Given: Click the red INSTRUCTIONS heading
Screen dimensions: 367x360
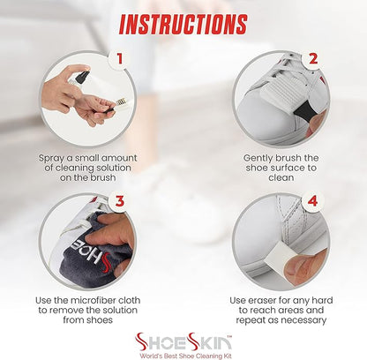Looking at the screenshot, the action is (183, 25).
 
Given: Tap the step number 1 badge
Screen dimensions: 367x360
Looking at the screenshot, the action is (119, 59).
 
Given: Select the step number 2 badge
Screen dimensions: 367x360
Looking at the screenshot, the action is (313, 59).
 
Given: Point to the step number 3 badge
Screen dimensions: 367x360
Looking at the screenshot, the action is (119, 201).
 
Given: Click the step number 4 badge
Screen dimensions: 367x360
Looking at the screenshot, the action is (313, 201).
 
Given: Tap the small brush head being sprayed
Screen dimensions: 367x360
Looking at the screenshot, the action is (121, 103).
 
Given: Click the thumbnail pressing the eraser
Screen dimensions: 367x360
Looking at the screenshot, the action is (297, 267).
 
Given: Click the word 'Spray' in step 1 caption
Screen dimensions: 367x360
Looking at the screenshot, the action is (51, 159).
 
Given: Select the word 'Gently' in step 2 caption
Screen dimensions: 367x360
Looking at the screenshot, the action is (258, 159).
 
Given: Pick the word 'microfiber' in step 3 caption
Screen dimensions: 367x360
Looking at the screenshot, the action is (88, 300).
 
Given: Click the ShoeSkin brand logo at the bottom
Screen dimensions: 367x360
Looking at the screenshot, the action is (183, 341).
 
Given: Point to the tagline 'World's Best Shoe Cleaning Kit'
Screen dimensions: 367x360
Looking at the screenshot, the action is (185, 356).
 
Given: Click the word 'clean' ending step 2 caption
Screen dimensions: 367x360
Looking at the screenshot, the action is (281, 177).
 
